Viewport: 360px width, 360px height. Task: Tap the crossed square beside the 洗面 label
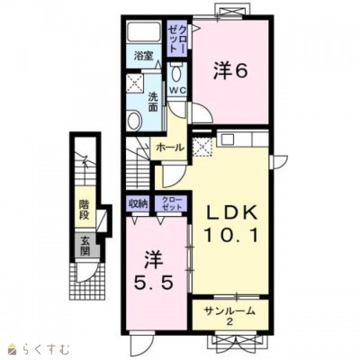point(133,87)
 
